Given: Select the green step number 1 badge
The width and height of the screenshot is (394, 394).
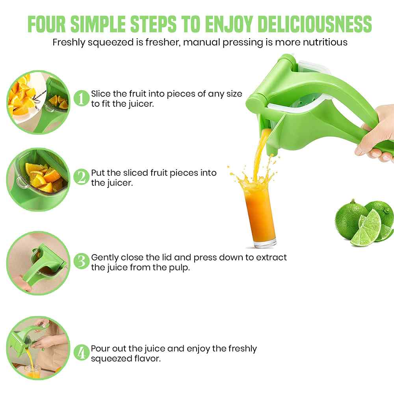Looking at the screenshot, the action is [82, 98].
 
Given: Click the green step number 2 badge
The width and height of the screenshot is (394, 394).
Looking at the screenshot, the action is [82, 177].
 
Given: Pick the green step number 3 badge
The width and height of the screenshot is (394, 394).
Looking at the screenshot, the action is [82, 261].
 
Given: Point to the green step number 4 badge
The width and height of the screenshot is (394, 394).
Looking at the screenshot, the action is [82, 353].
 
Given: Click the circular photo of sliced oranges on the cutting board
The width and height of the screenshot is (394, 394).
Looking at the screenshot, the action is [38, 102].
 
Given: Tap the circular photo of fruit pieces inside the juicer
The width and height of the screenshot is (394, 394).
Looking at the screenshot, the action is [38, 179].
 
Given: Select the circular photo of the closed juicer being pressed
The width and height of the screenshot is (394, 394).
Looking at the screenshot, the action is [38, 263].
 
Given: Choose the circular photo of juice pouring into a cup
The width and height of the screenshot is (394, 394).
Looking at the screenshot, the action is [38, 348].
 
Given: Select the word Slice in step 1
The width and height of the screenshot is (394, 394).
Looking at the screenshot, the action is [101, 94].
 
